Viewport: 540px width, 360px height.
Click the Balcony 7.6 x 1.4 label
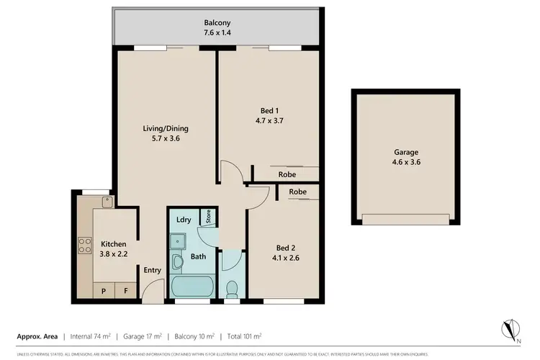(x=216, y=27)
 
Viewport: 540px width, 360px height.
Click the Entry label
(x=152, y=270)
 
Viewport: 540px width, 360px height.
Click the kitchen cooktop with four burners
(x=83, y=245)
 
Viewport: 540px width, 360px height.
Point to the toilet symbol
(x=232, y=288)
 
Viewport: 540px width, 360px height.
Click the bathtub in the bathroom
(x=193, y=287)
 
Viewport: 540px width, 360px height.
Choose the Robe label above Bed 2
(x=298, y=192)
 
